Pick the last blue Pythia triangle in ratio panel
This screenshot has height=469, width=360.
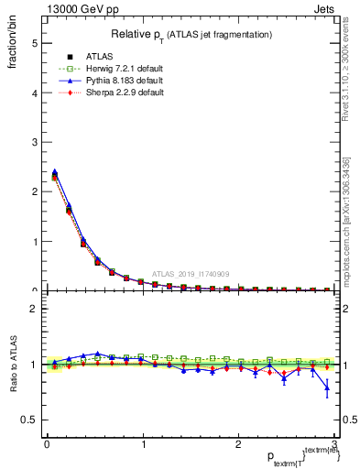(x=327, y=388)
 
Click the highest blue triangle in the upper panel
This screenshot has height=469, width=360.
(x=55, y=171)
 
